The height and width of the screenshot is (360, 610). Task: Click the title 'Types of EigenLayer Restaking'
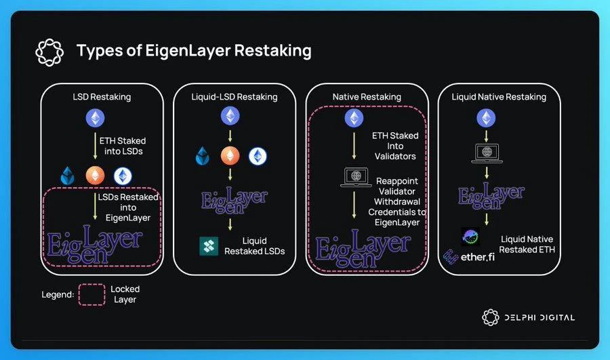pyautogui.click(x=194, y=50)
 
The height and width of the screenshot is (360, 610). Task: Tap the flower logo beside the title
pyautogui.click(x=49, y=51)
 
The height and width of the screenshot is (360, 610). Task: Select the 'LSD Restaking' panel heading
pyautogui.click(x=102, y=97)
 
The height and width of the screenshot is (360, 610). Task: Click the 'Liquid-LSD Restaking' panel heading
pyautogui.click(x=235, y=97)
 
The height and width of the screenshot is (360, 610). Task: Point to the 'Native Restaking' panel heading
pyautogui.click(x=367, y=97)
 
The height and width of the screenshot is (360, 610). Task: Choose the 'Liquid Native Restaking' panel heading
pyautogui.click(x=499, y=97)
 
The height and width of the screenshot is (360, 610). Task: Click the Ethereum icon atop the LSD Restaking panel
pyautogui.click(x=96, y=119)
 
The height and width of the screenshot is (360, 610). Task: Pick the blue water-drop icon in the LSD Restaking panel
pyautogui.click(x=69, y=175)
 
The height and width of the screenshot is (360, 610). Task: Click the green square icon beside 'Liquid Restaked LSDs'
pyautogui.click(x=209, y=246)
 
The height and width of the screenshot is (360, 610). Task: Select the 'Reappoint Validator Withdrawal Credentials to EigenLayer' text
pyautogui.click(x=399, y=201)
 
